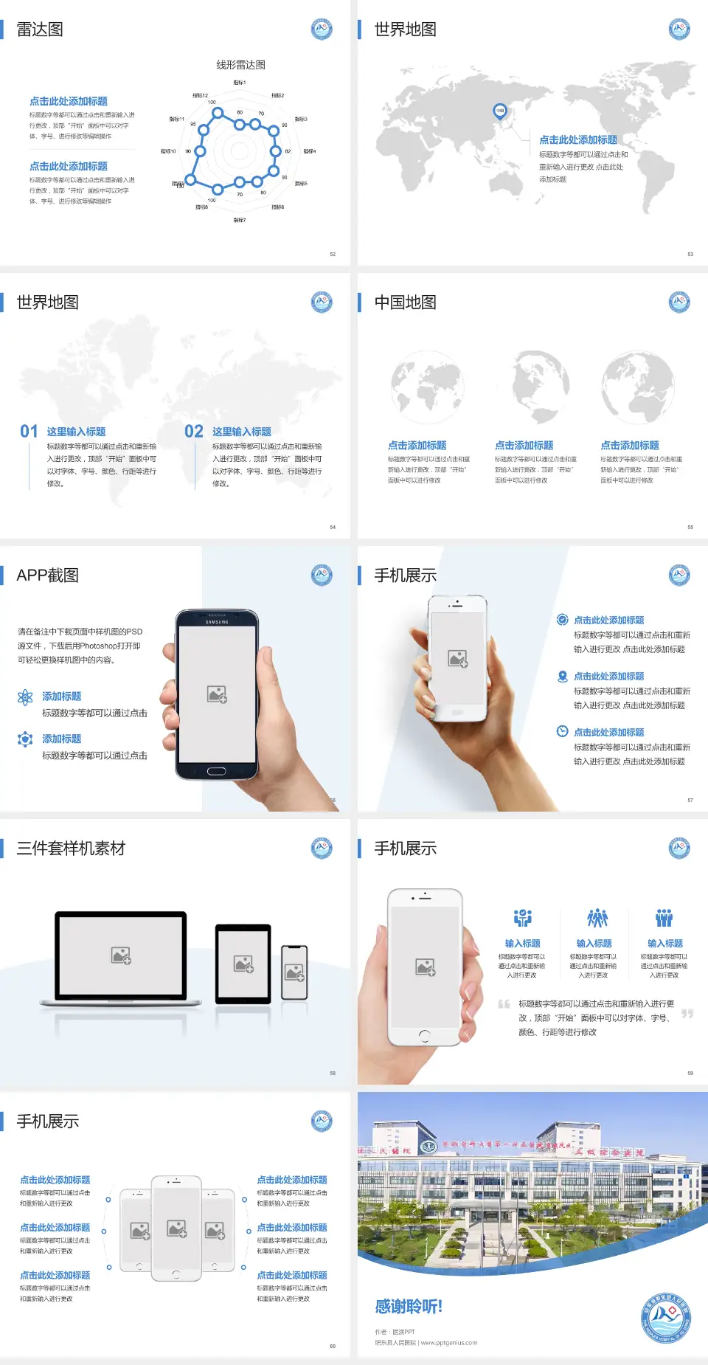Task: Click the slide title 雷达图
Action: click(40, 30)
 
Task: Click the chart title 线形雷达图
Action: click(240, 65)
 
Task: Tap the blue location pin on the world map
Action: click(499, 111)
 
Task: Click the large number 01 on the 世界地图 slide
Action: click(29, 432)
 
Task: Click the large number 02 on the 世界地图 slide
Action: click(194, 432)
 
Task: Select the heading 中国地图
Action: click(405, 303)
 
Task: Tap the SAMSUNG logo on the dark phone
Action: click(217, 622)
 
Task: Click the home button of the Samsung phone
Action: click(216, 771)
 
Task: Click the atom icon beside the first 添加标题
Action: click(25, 697)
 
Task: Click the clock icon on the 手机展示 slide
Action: click(562, 731)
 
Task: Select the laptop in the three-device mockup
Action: click(121, 958)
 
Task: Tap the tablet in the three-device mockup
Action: click(243, 963)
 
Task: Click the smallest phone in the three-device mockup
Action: click(294, 972)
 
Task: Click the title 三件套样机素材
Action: click(71, 849)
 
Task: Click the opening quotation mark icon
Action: click(504, 1004)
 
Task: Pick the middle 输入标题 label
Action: click(594, 944)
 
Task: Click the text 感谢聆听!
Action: click(409, 1307)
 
